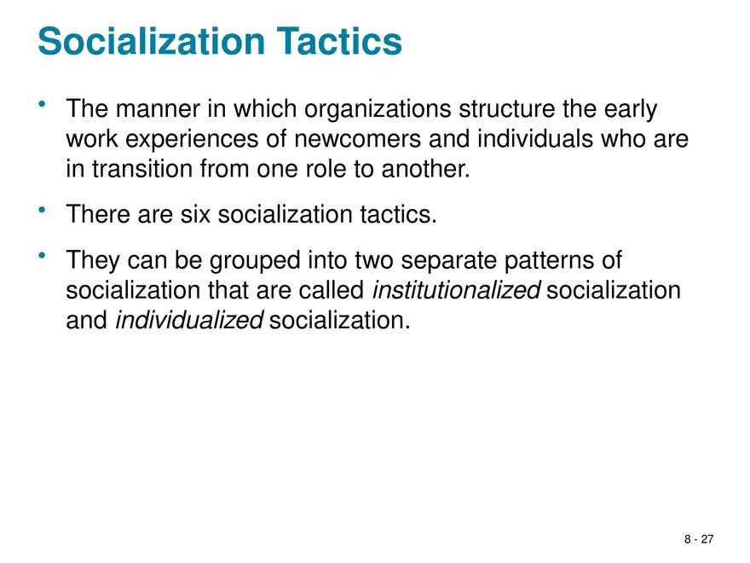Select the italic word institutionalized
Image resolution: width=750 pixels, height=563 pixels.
click(457, 291)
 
